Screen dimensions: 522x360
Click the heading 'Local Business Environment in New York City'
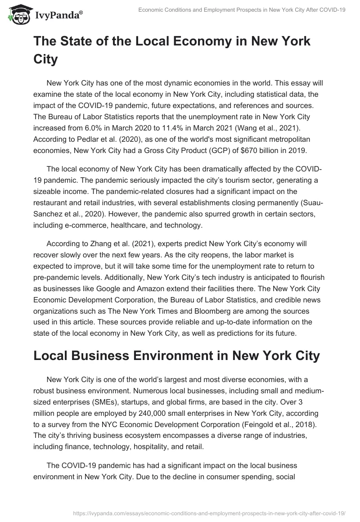(176, 355)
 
